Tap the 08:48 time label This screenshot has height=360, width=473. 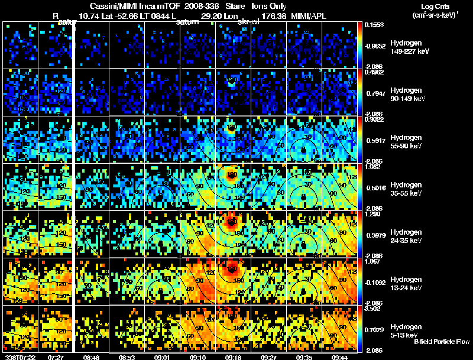coord(91,356)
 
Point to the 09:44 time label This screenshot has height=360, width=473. coord(339,356)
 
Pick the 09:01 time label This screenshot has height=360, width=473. coord(162,356)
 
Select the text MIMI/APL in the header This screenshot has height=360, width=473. coord(307,18)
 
